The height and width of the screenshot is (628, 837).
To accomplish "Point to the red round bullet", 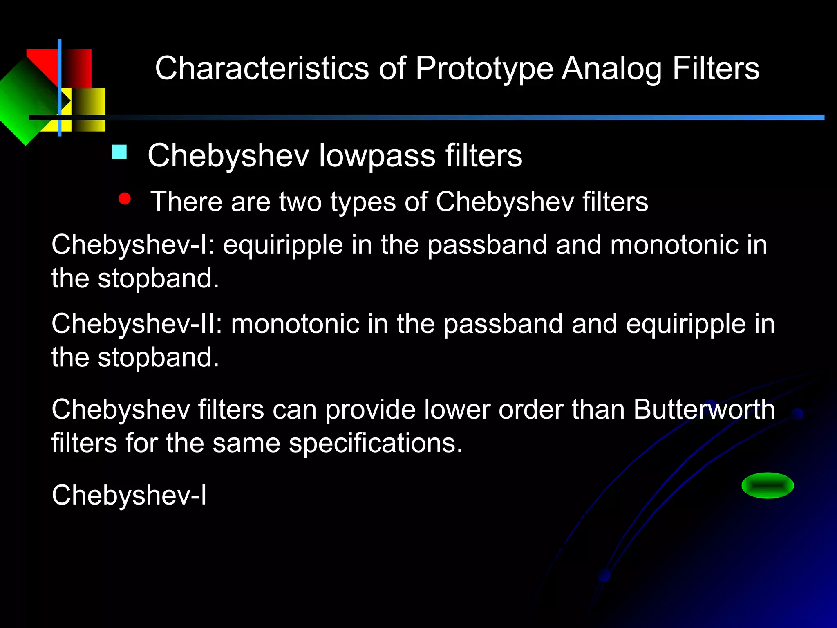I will [124, 199].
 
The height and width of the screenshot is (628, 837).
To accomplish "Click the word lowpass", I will [377, 156].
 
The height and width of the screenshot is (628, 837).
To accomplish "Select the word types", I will [363, 202].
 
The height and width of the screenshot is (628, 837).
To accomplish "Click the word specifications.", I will [375, 444].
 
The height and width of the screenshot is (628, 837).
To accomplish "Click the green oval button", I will [768, 485].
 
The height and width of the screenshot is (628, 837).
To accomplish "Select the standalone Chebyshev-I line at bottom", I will [129, 495].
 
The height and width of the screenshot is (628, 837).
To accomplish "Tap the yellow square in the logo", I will [88, 110].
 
